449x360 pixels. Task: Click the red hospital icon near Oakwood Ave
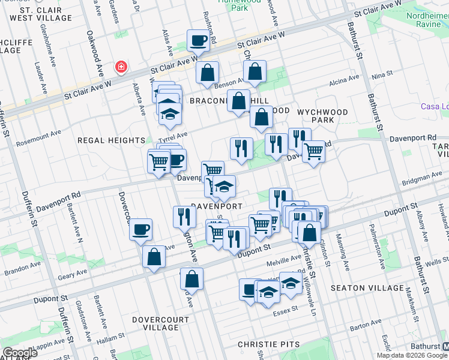click(x=121, y=66)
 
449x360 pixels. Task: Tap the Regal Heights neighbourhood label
click(x=111, y=140)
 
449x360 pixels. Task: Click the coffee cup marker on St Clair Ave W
click(x=197, y=41)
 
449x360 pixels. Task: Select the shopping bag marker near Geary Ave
click(x=154, y=257)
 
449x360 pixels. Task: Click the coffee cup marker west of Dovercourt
click(x=140, y=229)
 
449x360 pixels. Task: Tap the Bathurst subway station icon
click(x=444, y=347)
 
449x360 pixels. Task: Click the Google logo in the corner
click(x=20, y=353)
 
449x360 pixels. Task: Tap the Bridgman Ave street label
click(x=422, y=178)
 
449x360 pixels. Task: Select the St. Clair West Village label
click(x=33, y=14)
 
